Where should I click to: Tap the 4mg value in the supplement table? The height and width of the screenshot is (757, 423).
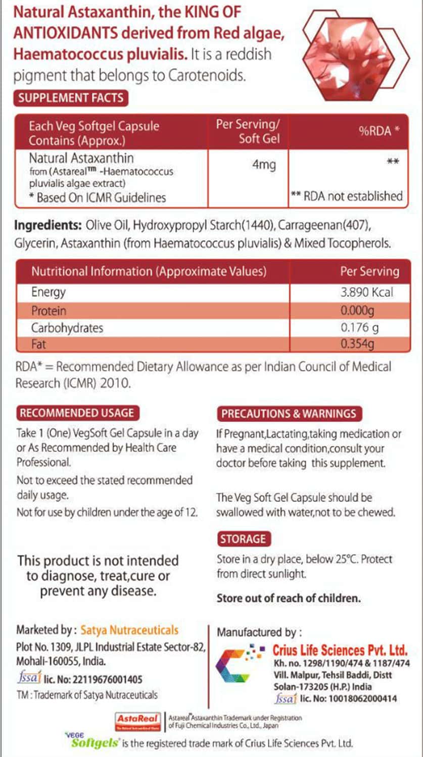[263, 166]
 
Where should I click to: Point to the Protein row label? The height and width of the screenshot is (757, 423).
[49, 310]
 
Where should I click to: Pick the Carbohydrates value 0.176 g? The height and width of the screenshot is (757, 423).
[360, 328]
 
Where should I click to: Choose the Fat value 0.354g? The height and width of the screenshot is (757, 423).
[357, 344]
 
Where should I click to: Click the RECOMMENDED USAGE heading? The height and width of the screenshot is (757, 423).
[77, 413]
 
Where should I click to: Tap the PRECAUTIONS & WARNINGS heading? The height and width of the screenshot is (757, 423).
[289, 414]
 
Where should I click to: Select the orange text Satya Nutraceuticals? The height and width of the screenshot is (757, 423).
[129, 630]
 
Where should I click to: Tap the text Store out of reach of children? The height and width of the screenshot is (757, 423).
[289, 598]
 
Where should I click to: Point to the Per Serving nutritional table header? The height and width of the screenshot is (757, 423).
[369, 271]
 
